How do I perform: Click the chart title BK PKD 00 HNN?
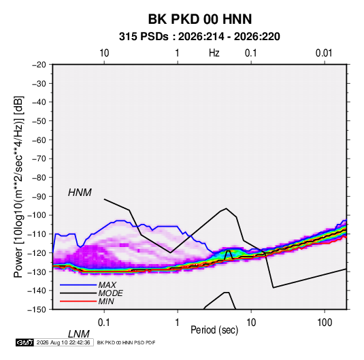tap(200, 19)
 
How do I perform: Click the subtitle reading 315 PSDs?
tap(144, 37)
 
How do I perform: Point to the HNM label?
tap(80, 193)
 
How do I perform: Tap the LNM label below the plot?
tap(79, 334)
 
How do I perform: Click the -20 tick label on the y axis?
tap(39, 65)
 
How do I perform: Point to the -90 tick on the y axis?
tap(39, 197)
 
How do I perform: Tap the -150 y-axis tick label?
tap(37, 310)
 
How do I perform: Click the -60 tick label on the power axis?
tap(39, 140)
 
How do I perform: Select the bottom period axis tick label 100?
tap(325, 323)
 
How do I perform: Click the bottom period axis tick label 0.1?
tap(104, 323)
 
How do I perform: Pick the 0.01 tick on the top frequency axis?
tap(324, 53)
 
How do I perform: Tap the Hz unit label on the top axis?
tap(214, 53)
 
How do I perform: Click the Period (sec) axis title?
tap(214, 330)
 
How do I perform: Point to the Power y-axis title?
tap(18, 187)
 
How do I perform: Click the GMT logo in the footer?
tap(25, 342)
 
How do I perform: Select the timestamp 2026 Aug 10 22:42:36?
tap(63, 342)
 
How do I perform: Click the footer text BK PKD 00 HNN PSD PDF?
tap(126, 342)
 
